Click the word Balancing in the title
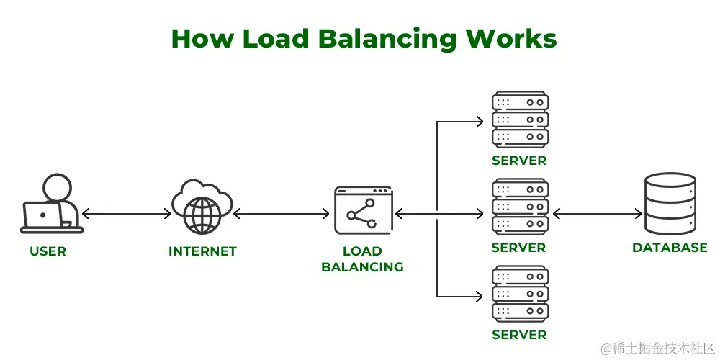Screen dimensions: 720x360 click(387, 39)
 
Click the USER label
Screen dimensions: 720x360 click(48, 251)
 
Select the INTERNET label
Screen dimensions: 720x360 click(202, 251)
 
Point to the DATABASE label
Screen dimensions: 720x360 click(670, 248)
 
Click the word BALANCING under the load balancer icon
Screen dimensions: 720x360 click(362, 267)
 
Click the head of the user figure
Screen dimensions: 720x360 click(58, 188)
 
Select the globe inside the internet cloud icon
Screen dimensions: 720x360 click(202, 215)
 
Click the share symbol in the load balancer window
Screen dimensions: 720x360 click(361, 214)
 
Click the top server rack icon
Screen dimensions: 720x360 click(521, 120)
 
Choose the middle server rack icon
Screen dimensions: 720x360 click(521, 207)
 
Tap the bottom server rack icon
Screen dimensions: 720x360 click(521, 294)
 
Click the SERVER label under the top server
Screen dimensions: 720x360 click(519, 161)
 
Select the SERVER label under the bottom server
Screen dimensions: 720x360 click(519, 335)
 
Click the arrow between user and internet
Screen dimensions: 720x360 click(126, 214)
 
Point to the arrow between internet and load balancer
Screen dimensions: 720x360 click(282, 214)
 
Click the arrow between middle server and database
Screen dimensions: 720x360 click(597, 214)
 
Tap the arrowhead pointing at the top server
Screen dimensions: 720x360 click(480, 122)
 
